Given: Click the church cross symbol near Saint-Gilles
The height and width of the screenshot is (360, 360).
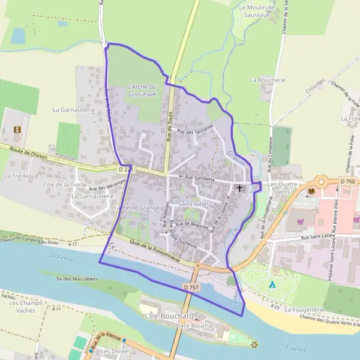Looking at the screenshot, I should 239,188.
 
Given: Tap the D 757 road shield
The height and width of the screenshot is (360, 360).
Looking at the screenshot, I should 191,288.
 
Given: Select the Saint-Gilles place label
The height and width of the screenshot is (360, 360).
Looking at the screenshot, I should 193,205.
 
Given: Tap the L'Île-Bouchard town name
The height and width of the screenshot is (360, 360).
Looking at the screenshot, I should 169,316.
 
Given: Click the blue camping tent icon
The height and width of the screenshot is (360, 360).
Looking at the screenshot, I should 272,284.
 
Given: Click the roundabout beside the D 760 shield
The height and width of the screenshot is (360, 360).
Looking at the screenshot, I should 323,181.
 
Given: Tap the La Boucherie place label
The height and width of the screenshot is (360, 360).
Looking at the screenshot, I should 268,79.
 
